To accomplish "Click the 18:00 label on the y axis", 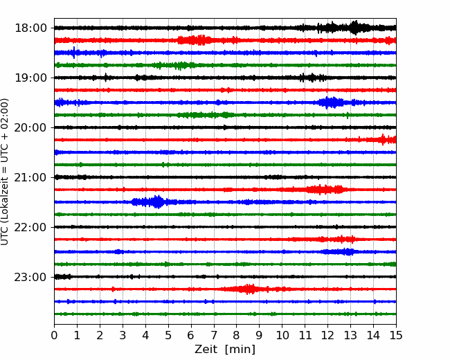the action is pos(30,28).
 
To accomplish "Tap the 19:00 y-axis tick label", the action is pos(30,78).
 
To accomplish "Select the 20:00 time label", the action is pos(30,127).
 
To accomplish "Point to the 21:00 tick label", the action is pos(30,177).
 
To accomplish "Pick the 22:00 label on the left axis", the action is pos(30,227).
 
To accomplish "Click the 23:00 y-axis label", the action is pos(30,277).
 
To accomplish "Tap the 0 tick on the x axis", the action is pos(54,335).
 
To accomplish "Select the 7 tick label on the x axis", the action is pos(214,335).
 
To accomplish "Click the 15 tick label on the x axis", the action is pos(396,335).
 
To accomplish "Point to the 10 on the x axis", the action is pos(282,335).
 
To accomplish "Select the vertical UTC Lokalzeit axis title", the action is pos(4,172).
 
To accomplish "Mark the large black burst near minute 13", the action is pos(354,28).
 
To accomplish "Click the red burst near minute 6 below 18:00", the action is pos(194,40).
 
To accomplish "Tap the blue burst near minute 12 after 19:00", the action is pos(331,102).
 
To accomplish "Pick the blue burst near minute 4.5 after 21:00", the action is pos(150,202).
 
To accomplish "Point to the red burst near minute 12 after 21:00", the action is pos(325,190).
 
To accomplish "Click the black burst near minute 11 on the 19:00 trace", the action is pos(312,78).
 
